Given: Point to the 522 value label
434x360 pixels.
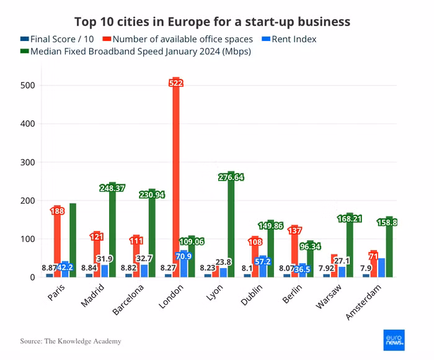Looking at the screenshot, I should pyautogui.click(x=176, y=83).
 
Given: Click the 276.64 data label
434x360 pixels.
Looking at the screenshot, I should pyautogui.click(x=231, y=177).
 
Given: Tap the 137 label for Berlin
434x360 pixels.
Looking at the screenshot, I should pyautogui.click(x=294, y=231).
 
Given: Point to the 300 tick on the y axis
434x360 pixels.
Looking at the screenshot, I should pyautogui.click(x=30, y=162).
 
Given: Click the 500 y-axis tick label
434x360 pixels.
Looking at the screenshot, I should pyautogui.click(x=30, y=85).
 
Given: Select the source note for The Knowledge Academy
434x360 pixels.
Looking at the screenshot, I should pyautogui.click(x=70, y=341).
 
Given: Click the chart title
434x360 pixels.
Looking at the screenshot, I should pyautogui.click(x=212, y=22).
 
